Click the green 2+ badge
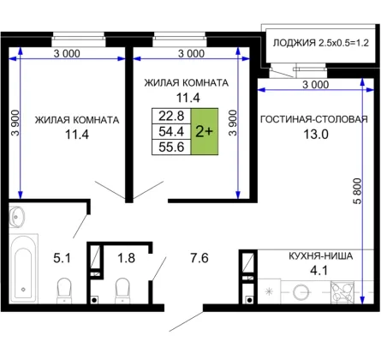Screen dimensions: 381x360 click(x=205, y=131)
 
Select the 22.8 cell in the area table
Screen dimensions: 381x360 click(x=171, y=116)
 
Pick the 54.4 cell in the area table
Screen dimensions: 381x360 click(x=171, y=131)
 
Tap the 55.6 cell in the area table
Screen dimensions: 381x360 click(x=171, y=147)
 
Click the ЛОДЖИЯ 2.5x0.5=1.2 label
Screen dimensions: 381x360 click(x=321, y=43)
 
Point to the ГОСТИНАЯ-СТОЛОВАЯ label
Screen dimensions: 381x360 click(x=314, y=119)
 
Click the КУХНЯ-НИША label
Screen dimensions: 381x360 click(x=321, y=255)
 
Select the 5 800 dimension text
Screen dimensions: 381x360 click(x=357, y=191)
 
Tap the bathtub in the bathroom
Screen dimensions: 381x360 click(x=23, y=268)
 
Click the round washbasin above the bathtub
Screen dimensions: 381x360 click(x=16, y=217)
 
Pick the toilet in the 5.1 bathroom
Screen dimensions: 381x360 click(x=64, y=291)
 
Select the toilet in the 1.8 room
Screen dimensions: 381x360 click(x=122, y=291)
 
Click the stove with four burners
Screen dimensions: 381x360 click(x=342, y=292)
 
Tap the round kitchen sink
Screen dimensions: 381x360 click(x=301, y=292)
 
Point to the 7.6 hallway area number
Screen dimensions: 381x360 click(x=199, y=258)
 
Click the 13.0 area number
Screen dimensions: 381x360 click(x=316, y=134)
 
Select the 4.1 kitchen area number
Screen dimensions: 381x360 click(x=318, y=270)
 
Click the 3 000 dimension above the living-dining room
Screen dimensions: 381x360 click(x=315, y=85)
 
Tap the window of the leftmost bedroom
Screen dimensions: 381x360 click(x=79, y=39)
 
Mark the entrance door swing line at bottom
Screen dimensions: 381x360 click(x=186, y=321)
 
